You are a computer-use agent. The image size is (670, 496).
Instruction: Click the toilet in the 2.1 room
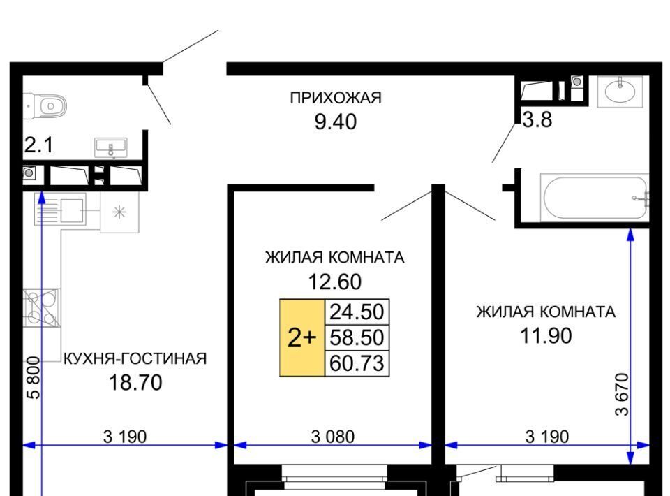pos(46,106)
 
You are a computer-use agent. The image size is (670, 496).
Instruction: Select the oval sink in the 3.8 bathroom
pos(620,92)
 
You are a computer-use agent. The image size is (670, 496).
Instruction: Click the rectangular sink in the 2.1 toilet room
pos(111,147)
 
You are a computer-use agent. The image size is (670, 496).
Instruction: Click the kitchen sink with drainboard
pos(60,210)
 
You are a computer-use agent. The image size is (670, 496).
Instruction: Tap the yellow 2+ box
pos(302,338)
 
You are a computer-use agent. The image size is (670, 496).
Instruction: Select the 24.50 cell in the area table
pos(357,312)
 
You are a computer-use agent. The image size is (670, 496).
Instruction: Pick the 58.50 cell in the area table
pos(357,338)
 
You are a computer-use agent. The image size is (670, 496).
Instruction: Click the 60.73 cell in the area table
pos(357,363)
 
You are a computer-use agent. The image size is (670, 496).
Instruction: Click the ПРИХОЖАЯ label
pos(336,98)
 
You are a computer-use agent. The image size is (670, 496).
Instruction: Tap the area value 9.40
pos(336,122)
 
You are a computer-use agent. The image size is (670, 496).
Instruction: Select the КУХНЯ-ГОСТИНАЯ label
pos(135,359)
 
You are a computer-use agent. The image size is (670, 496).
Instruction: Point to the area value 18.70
pos(135,382)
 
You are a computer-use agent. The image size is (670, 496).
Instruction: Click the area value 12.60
pos(335,282)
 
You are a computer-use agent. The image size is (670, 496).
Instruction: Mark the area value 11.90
pos(546,335)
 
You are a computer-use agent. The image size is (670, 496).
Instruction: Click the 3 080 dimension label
pos(333,437)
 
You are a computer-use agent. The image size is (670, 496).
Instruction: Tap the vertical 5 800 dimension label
pos(33,378)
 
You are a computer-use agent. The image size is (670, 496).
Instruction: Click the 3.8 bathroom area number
pos(537,119)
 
